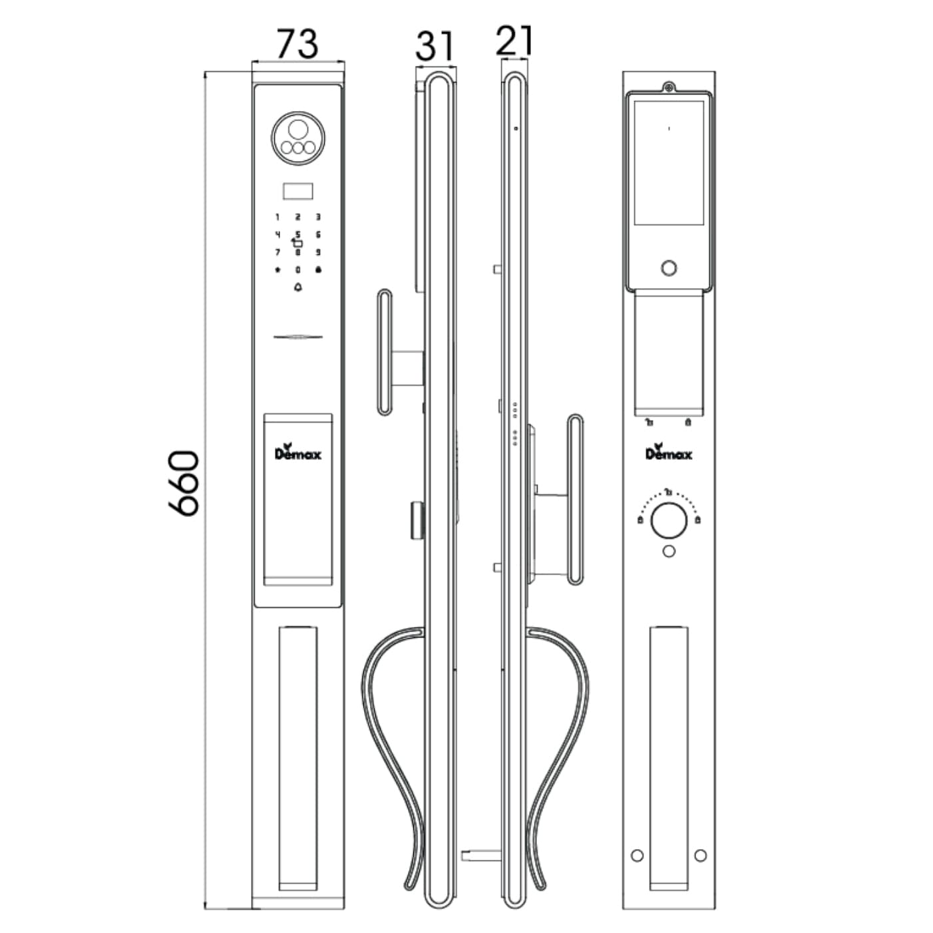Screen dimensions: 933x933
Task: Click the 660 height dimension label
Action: coord(184,484)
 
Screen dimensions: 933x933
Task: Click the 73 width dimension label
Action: coord(297,44)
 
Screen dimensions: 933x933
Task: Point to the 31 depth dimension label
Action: coord(435,46)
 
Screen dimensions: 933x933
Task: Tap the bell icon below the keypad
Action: coord(297,287)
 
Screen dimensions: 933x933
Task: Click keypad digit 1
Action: coord(278,218)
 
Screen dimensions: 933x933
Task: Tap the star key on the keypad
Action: coord(278,270)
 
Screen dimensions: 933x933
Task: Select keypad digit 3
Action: coord(318,218)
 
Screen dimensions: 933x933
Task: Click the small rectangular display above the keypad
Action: coord(297,191)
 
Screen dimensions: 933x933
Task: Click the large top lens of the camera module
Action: coord(297,129)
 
